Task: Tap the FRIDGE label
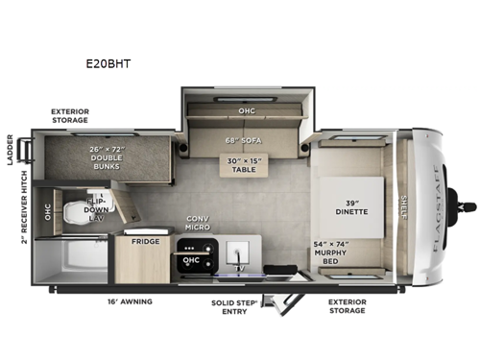[x=146, y=242]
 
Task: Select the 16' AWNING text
[x=132, y=300]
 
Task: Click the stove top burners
[x=191, y=256]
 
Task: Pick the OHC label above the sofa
[x=246, y=110]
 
